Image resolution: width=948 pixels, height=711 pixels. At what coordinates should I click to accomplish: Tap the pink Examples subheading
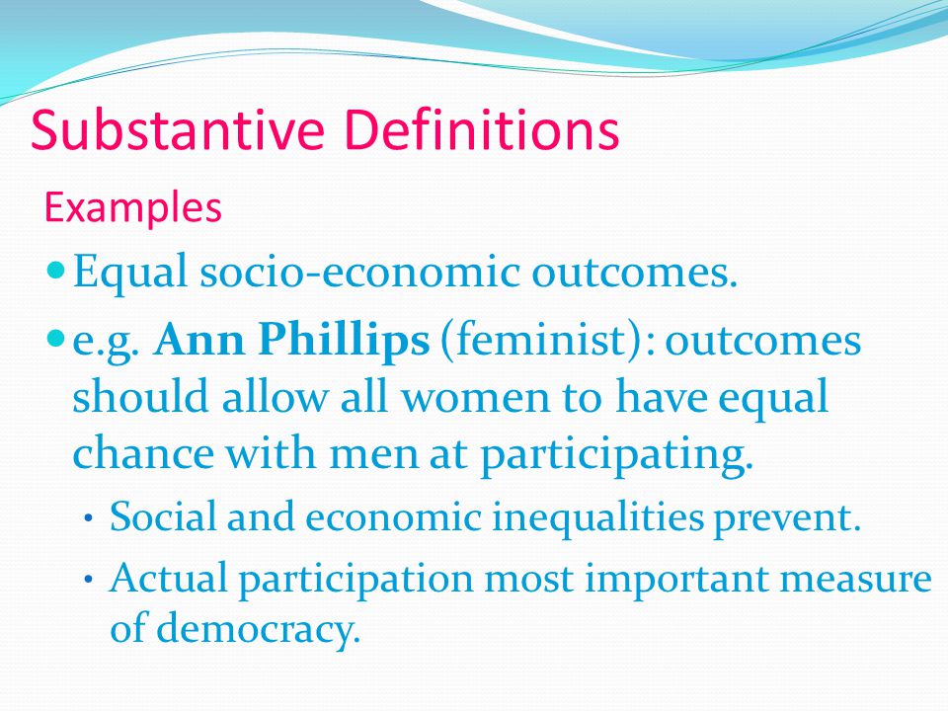130,208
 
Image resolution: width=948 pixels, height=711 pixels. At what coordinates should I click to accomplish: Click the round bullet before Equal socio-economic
56,270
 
